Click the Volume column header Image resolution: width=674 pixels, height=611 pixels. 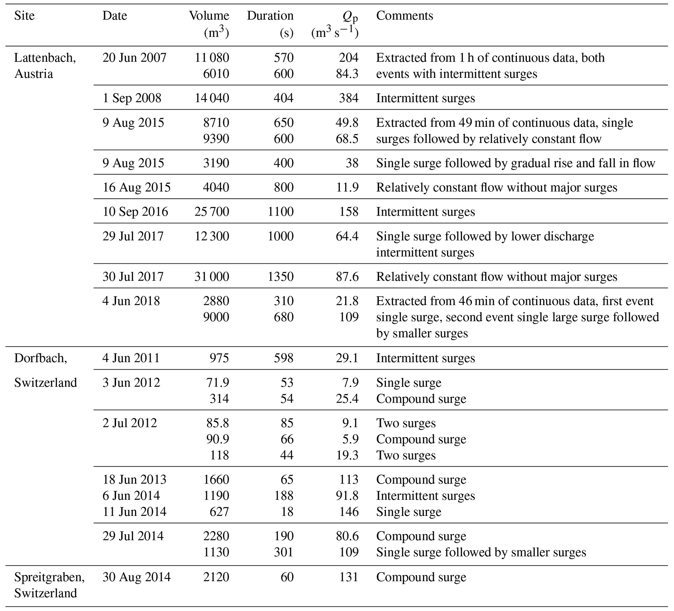point(209,16)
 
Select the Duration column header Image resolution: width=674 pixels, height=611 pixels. point(270,16)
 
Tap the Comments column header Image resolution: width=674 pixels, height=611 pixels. point(404,16)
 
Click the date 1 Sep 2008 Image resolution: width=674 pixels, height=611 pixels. point(132,98)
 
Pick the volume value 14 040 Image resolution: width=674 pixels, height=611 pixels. point(212,98)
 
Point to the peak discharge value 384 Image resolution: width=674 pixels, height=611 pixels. point(348,98)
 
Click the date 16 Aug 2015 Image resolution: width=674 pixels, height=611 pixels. point(136,187)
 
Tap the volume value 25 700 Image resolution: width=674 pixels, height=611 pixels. point(212,211)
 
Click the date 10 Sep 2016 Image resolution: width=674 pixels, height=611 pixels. point(135,211)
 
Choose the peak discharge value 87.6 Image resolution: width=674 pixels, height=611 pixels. point(347,277)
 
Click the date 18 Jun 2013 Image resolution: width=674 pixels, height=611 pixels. point(134,479)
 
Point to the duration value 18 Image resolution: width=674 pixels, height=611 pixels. point(287,512)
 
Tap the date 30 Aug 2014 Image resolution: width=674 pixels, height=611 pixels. point(136,577)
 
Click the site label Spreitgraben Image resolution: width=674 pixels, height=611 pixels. point(49,577)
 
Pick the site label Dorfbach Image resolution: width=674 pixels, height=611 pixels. point(40,358)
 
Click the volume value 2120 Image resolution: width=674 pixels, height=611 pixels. point(216,577)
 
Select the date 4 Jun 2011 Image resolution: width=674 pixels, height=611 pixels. point(131,358)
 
